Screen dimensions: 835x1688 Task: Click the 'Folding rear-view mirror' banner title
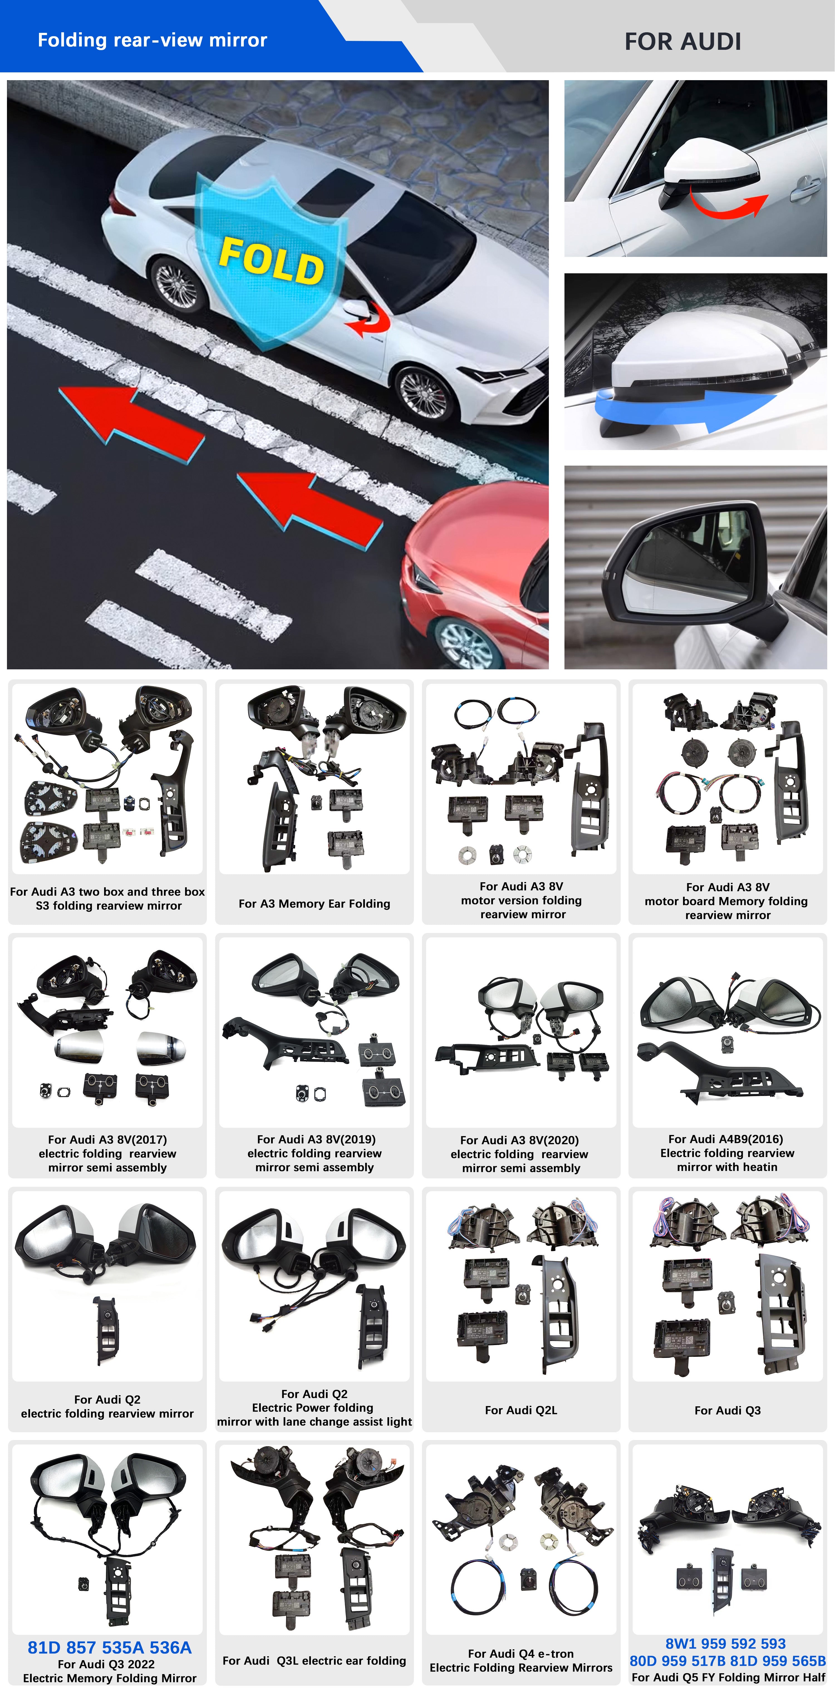(x=152, y=40)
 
